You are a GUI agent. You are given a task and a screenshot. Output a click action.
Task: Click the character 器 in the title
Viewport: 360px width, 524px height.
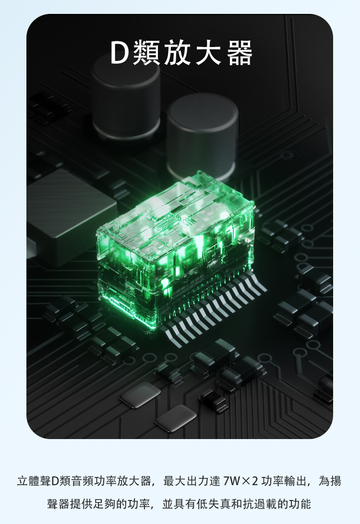240,52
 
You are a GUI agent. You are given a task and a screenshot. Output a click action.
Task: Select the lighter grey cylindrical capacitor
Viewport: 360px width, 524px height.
203,135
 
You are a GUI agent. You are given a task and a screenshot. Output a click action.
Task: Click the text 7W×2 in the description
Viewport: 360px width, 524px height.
240,481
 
